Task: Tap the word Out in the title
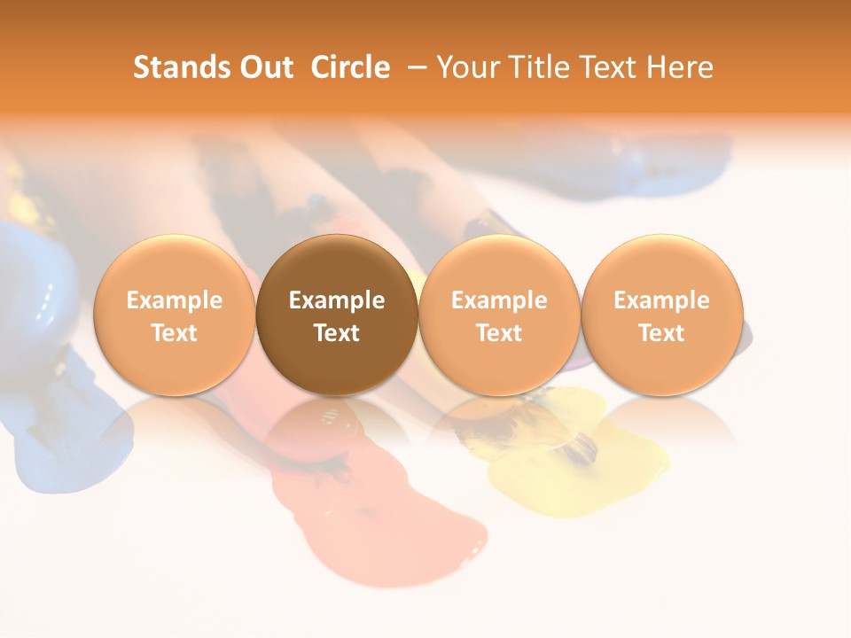pos(265,67)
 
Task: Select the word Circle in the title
pos(350,67)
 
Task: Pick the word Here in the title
pos(680,67)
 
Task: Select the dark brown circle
pos(337,315)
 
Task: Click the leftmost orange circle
pos(174,315)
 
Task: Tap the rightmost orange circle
pos(662,315)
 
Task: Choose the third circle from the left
pos(499,315)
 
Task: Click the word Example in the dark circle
pos(337,300)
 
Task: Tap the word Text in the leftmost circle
pos(174,333)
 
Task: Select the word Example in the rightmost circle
pos(662,300)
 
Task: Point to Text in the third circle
pos(499,333)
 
